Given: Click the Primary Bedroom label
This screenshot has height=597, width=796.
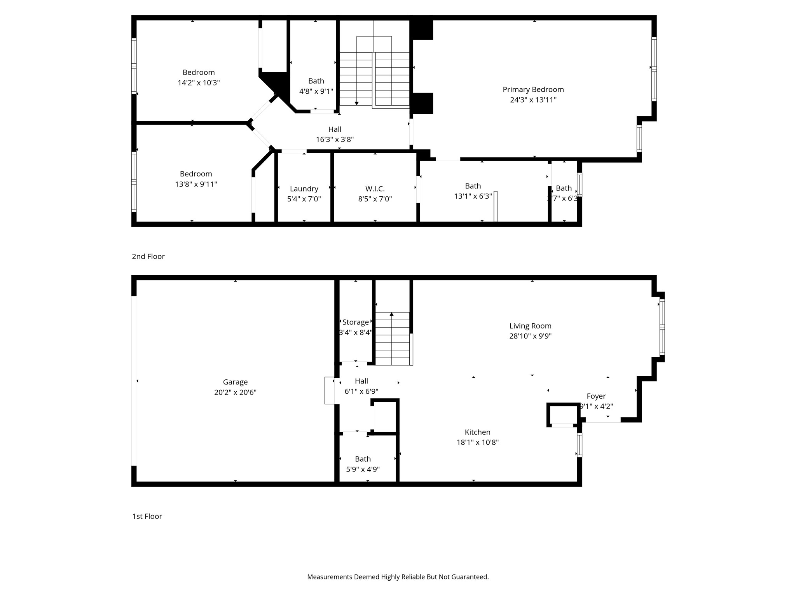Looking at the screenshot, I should [x=533, y=89].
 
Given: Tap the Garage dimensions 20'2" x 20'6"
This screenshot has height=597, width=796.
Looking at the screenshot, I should [x=235, y=393].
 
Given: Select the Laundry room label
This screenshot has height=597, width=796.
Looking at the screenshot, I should [x=304, y=189].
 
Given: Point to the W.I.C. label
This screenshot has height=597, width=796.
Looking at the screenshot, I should [x=375, y=189].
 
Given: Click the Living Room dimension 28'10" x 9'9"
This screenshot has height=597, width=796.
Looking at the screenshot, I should [x=530, y=336].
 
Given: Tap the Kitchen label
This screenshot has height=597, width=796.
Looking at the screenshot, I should [x=477, y=432].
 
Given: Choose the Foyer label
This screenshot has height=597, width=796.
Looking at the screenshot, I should [x=596, y=396].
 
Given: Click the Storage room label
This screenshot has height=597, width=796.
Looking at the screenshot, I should [x=356, y=322].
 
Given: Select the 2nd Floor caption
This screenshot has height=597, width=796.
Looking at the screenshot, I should [x=148, y=257].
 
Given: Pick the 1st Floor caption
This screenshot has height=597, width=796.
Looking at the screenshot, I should [x=147, y=517].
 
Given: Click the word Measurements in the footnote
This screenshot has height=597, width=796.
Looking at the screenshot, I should [x=330, y=577].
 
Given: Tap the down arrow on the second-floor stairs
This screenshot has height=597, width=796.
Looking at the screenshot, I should [x=356, y=103].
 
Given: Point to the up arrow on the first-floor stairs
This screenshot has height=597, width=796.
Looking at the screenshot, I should [x=392, y=314].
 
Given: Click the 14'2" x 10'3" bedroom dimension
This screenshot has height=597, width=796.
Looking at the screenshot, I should [x=199, y=83].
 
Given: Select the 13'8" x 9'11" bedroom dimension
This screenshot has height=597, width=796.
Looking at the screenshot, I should [x=196, y=184].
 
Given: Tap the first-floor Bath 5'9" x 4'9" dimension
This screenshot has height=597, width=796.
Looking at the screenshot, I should [x=363, y=470].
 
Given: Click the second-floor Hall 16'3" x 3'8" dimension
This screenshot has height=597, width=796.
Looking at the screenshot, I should [x=335, y=140].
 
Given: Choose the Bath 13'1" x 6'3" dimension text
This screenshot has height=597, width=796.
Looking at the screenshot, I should [x=473, y=196].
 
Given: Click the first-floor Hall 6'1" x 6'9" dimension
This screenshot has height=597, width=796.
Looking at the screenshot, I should [x=361, y=391].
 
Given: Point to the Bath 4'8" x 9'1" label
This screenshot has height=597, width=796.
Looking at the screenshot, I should [x=316, y=81].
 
